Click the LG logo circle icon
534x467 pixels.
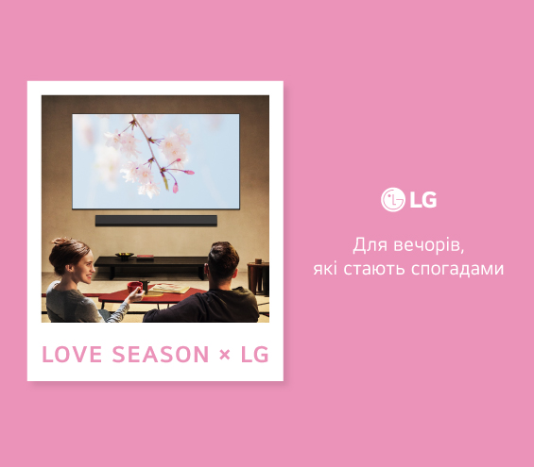coord(392,199)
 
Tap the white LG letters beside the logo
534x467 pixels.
coord(422,199)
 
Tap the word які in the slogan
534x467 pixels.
coord(328,269)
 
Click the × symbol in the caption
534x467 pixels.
coord(224,355)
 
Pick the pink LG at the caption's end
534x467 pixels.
coord(254,355)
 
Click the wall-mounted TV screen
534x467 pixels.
coord(156,160)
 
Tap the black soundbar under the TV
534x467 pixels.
coord(156,220)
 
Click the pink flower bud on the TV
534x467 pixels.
coord(189,173)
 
